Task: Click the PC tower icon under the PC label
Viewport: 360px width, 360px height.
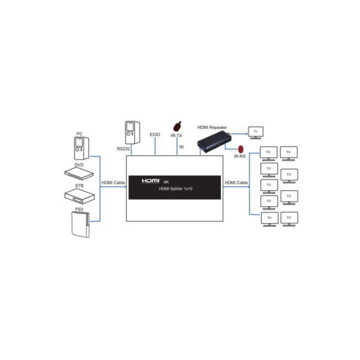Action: pyautogui.click(x=81, y=148)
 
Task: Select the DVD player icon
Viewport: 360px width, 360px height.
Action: pyautogui.click(x=79, y=174)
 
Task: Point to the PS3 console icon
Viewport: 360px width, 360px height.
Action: pyautogui.click(x=80, y=225)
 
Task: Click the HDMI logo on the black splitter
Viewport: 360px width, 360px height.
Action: pyautogui.click(x=150, y=181)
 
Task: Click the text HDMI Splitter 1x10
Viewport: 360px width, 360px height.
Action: pyautogui.click(x=176, y=189)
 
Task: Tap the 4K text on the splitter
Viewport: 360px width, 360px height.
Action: pyautogui.click(x=166, y=182)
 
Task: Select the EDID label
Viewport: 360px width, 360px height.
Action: pyautogui.click(x=155, y=135)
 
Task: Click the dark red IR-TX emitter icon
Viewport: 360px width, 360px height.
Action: pyautogui.click(x=177, y=126)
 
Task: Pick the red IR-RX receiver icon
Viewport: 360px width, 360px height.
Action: pyautogui.click(x=240, y=149)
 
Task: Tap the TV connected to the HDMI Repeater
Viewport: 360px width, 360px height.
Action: pyautogui.click(x=256, y=133)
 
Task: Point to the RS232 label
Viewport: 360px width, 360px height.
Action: pyautogui.click(x=123, y=149)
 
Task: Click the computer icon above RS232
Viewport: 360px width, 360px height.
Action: pyautogui.click(x=132, y=132)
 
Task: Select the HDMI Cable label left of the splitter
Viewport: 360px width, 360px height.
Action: pyautogui.click(x=113, y=183)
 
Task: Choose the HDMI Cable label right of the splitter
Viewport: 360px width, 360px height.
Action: pyautogui.click(x=236, y=183)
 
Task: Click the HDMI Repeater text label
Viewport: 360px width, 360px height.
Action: pyautogui.click(x=212, y=127)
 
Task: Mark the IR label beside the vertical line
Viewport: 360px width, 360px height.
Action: pyautogui.click(x=181, y=147)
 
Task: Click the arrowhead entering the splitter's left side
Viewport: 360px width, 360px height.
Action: pyautogui.click(x=125, y=186)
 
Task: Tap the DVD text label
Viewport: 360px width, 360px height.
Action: pyautogui.click(x=79, y=165)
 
